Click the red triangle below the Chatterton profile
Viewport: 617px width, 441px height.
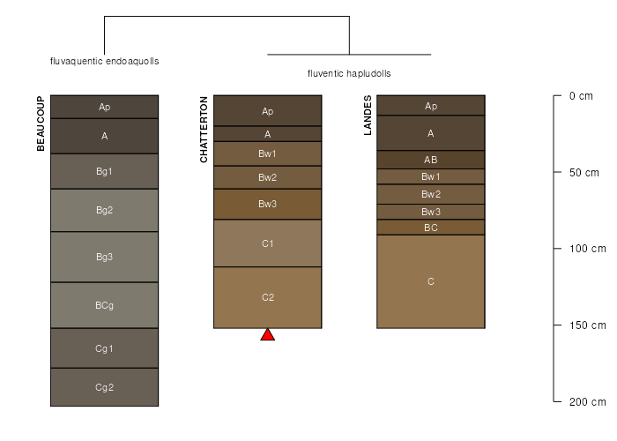click(268, 335)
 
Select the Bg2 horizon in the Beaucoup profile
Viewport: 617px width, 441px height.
click(104, 210)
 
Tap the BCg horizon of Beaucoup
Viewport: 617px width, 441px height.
click(104, 305)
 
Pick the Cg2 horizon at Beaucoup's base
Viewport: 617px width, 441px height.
click(104, 387)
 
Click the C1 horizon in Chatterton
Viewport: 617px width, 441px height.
click(268, 243)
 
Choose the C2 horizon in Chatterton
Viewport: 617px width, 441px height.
click(268, 297)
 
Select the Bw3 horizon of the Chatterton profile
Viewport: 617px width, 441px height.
click(268, 204)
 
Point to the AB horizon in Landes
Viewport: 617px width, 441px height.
click(431, 160)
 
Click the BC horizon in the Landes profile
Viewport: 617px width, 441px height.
click(431, 228)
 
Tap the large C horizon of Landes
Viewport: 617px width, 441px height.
click(431, 281)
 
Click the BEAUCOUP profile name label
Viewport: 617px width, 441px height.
click(41, 123)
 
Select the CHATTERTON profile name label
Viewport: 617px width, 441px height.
click(204, 130)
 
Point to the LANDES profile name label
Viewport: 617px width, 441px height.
click(368, 116)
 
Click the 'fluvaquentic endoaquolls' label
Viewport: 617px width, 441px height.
click(105, 61)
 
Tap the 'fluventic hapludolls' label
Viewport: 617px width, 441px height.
click(349, 73)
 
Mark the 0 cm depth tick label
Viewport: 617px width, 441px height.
click(581, 96)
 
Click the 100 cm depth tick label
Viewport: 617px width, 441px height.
click(588, 249)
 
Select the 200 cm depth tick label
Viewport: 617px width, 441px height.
click(588, 401)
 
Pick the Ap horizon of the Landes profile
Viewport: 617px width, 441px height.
click(431, 106)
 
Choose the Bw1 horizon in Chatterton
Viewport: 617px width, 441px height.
click(268, 153)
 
